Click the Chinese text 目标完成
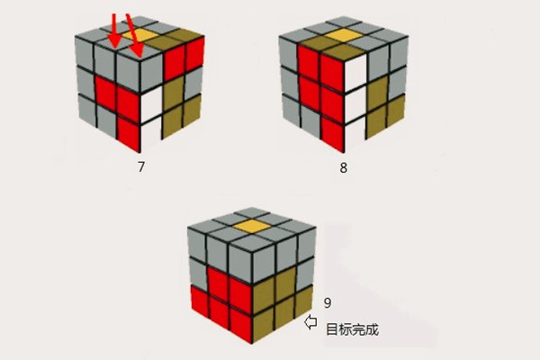353,330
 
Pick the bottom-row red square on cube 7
127,134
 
